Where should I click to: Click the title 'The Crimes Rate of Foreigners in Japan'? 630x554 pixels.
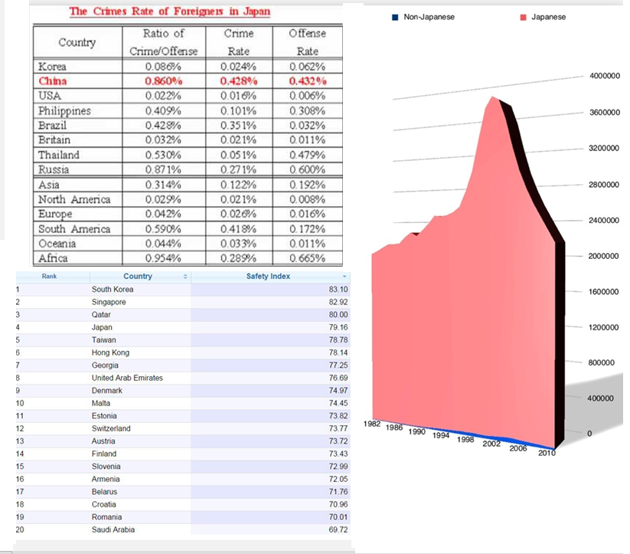pyautogui.click(x=170, y=11)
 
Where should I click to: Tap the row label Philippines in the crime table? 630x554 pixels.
pyautogui.click(x=64, y=111)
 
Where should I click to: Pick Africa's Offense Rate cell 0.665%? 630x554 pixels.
pyautogui.click(x=307, y=258)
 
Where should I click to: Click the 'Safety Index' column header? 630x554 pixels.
pyautogui.click(x=268, y=276)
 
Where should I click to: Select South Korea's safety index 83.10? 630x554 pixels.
pyautogui.click(x=338, y=290)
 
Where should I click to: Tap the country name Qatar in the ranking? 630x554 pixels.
pyautogui.click(x=101, y=315)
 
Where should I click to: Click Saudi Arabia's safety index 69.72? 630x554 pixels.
pyautogui.click(x=338, y=529)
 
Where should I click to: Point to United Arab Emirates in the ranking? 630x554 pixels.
pyautogui.click(x=127, y=378)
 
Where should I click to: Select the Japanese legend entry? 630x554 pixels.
pyautogui.click(x=544, y=17)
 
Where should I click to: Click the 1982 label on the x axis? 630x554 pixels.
pyautogui.click(x=373, y=424)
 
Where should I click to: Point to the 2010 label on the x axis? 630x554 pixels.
pyautogui.click(x=547, y=454)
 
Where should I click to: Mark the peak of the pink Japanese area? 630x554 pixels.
pyautogui.click(x=493, y=98)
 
